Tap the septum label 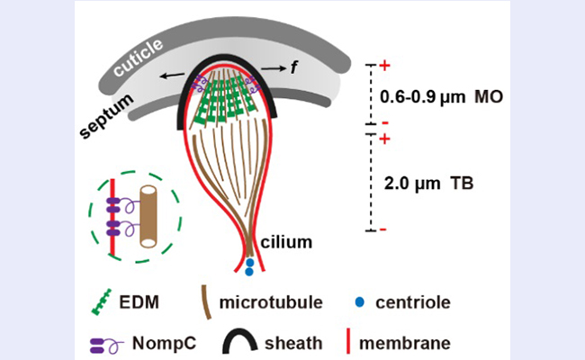point(107,115)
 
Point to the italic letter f point(294,67)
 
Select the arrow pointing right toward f point(273,68)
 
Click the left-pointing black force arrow point(172,76)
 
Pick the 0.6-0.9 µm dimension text point(422,98)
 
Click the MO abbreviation point(489,97)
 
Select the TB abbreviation point(462,184)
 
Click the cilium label point(286,242)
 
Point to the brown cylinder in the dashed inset point(148,216)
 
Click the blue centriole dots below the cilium point(249,267)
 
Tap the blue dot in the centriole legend point(360,302)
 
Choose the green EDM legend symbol point(101,301)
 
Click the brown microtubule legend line point(206,302)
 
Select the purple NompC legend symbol point(107,346)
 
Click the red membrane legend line point(348,341)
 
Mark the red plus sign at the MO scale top point(384,66)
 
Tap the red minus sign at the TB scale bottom point(382,229)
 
